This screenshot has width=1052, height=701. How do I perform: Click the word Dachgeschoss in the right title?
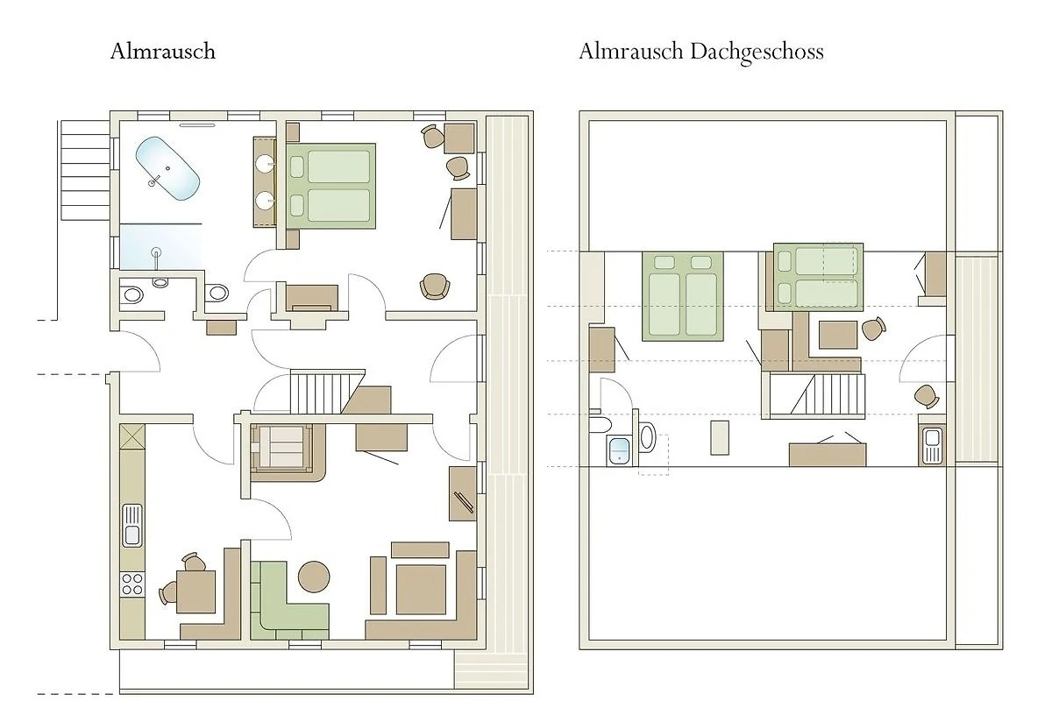757,52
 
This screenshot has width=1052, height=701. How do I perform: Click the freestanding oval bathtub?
167,168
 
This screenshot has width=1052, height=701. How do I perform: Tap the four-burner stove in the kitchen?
132,584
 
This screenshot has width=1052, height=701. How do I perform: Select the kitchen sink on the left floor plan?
132,526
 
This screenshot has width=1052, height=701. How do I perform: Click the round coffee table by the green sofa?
314,577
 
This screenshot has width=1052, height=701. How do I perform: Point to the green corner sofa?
288,601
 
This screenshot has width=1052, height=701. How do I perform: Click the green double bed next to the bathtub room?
331,186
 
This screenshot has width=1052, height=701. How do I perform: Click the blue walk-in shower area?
161,246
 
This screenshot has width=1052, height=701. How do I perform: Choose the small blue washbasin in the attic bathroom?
620,450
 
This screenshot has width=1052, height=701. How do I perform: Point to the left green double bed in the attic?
683,296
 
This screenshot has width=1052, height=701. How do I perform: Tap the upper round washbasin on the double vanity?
266,163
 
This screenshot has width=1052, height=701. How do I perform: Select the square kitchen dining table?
195,591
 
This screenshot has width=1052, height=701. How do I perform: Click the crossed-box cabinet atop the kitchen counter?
132,436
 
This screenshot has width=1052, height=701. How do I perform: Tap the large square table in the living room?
421,589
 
